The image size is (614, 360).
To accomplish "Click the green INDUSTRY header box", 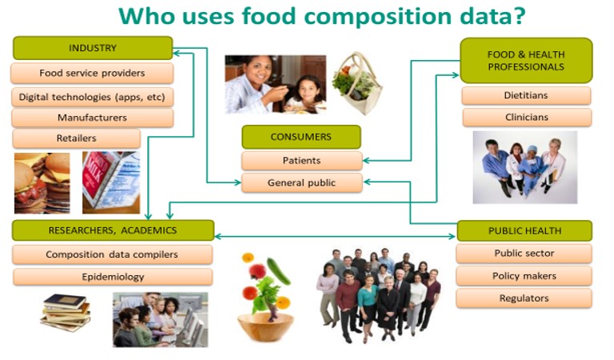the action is (93, 48).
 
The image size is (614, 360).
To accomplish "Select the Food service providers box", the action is (92, 73).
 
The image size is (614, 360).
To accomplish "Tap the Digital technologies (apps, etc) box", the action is (92, 97).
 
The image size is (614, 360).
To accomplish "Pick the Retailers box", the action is (76, 138).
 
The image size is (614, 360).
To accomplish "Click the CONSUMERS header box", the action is (301, 137).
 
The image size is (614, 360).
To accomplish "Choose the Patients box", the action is (302, 161).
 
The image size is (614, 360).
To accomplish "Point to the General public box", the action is (302, 182).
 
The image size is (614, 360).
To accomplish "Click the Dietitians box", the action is (526, 95).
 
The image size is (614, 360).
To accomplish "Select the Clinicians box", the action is (527, 118).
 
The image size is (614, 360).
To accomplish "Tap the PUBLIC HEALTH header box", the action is (524, 231).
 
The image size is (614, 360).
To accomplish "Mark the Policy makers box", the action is (524, 276).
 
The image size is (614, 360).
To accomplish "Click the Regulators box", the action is (524, 298).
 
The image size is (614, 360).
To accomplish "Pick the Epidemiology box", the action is (113, 277).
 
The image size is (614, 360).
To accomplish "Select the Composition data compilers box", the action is (112, 254).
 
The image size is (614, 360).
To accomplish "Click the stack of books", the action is (66, 312).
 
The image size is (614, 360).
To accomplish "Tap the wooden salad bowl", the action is (266, 326).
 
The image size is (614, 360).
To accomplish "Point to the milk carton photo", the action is (111, 182).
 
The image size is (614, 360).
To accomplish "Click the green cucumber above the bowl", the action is (279, 270).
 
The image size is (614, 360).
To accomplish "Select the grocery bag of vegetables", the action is (356, 83).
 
